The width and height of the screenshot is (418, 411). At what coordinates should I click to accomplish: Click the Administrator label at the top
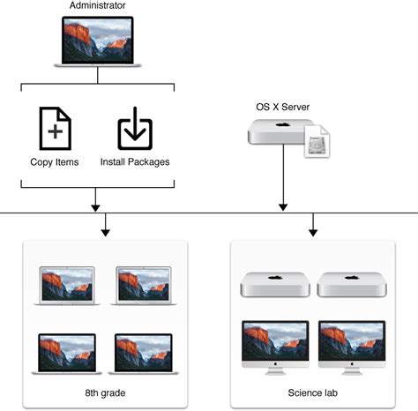tap(97, 6)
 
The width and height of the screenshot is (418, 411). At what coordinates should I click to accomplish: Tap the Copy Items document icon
tap(55, 129)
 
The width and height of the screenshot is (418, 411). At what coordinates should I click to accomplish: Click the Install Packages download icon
tap(136, 129)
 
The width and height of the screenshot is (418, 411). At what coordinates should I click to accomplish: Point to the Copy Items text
tap(55, 162)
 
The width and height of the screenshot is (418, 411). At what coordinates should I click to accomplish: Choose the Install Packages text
tap(136, 162)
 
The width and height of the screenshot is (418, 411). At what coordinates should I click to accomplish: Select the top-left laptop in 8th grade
tap(65, 285)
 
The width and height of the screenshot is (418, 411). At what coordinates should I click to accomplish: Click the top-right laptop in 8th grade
tap(143, 285)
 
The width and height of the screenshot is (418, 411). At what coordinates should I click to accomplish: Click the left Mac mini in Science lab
tap(274, 284)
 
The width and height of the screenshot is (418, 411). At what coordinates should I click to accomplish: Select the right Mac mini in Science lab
tap(351, 284)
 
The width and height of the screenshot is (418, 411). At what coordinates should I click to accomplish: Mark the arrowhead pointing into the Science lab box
tap(312, 232)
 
